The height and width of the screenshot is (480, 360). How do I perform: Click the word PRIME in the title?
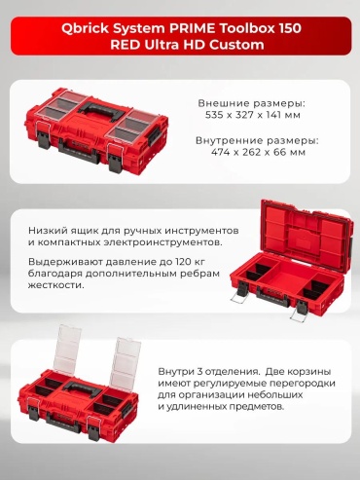192,28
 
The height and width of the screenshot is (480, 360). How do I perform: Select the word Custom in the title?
236,45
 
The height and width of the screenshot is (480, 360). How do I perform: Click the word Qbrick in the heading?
85,28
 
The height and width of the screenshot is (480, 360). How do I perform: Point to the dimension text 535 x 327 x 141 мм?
253,115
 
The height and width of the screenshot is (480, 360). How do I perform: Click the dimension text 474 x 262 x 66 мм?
258,152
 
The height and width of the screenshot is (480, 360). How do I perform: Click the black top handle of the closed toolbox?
101,113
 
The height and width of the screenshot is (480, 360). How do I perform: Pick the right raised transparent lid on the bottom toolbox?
126,362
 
